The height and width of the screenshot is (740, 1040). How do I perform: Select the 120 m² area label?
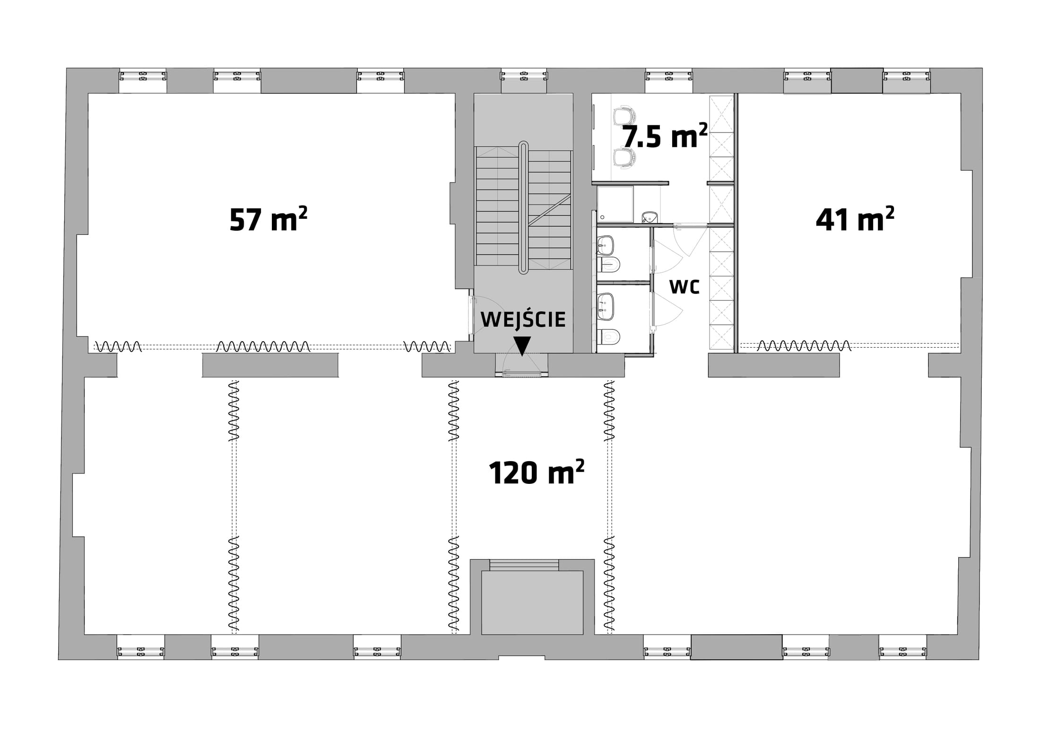click(537, 472)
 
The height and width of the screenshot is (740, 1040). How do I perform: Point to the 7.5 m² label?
click(665, 136)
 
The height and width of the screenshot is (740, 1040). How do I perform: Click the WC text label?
click(684, 286)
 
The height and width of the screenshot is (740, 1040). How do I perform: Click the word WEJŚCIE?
click(523, 319)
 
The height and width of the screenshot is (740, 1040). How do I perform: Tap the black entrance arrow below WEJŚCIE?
click(522, 345)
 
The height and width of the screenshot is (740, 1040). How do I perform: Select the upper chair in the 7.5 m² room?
click(624, 116)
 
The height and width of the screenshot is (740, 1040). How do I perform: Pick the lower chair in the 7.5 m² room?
click(624, 157)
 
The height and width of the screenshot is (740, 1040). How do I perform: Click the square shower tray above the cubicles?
click(615, 204)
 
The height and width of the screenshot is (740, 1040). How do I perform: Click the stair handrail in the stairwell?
click(523, 207)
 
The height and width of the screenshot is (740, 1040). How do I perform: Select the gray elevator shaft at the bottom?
click(532, 602)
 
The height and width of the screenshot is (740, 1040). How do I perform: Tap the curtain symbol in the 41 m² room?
click(804, 346)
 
